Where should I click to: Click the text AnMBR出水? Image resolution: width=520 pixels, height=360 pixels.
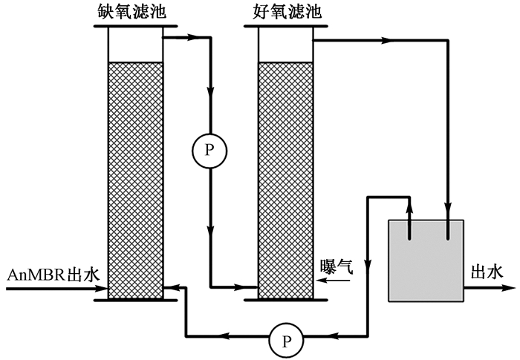pyautogui.click(x=52, y=275)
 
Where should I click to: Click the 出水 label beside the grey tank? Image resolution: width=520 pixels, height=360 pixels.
pyautogui.click(x=487, y=272)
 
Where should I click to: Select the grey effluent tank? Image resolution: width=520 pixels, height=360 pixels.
pyautogui.click(x=426, y=260)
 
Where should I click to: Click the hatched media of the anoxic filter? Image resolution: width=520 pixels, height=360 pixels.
pyautogui.click(x=134, y=178)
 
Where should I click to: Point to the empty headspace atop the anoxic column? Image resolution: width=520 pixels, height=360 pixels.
pyautogui.click(x=134, y=45)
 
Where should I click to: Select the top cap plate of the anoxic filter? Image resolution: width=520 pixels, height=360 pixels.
pyautogui.click(x=134, y=27)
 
